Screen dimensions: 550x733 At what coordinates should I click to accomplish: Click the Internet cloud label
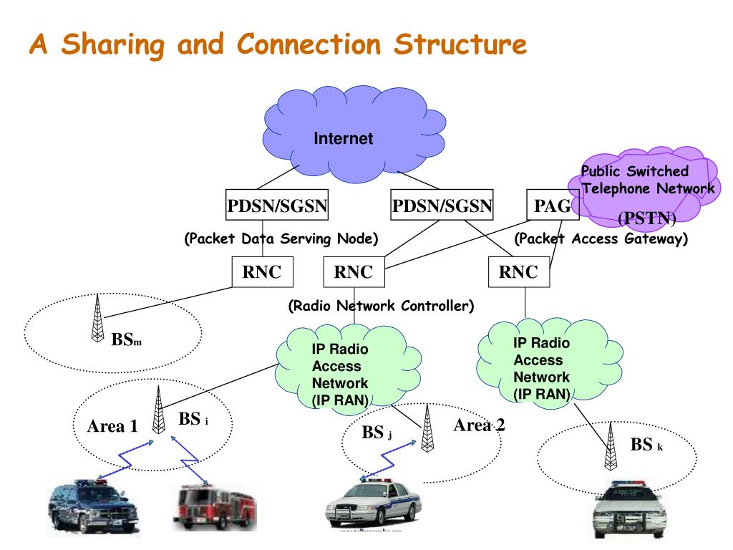(343, 139)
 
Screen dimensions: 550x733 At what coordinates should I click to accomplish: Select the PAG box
(553, 207)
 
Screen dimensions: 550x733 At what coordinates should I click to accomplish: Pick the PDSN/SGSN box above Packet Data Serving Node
(277, 207)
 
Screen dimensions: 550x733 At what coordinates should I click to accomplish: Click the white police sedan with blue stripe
(372, 505)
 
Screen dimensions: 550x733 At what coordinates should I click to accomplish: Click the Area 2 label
(479, 425)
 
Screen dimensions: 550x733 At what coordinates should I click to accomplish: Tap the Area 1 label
(112, 427)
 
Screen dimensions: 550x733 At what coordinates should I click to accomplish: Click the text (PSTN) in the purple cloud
(646, 217)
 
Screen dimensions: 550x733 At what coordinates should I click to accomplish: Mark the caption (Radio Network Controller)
(381, 306)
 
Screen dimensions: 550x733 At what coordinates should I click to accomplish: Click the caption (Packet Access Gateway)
(601, 238)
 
